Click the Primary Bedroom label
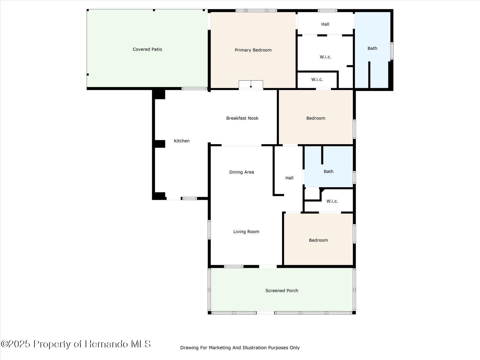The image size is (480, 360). [253, 50]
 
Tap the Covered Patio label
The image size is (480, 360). [147, 49]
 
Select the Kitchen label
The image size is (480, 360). [181, 141]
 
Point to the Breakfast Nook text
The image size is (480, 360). [242, 118]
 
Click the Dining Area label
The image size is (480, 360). [241, 172]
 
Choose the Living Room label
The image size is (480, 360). [246, 232]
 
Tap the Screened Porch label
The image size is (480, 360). [282, 290]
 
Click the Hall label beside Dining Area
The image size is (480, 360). [289, 178]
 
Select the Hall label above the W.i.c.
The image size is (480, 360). [325, 24]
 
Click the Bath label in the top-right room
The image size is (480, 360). [372, 48]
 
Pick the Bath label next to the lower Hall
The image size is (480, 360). [328, 172]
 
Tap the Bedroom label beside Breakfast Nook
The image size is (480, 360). [316, 118]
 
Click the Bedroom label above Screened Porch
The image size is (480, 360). [318, 240]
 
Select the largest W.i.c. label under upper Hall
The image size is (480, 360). [325, 57]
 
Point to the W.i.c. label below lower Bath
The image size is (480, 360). [332, 201]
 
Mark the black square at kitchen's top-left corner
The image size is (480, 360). [159, 94]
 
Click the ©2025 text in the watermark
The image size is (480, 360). [16, 344]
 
